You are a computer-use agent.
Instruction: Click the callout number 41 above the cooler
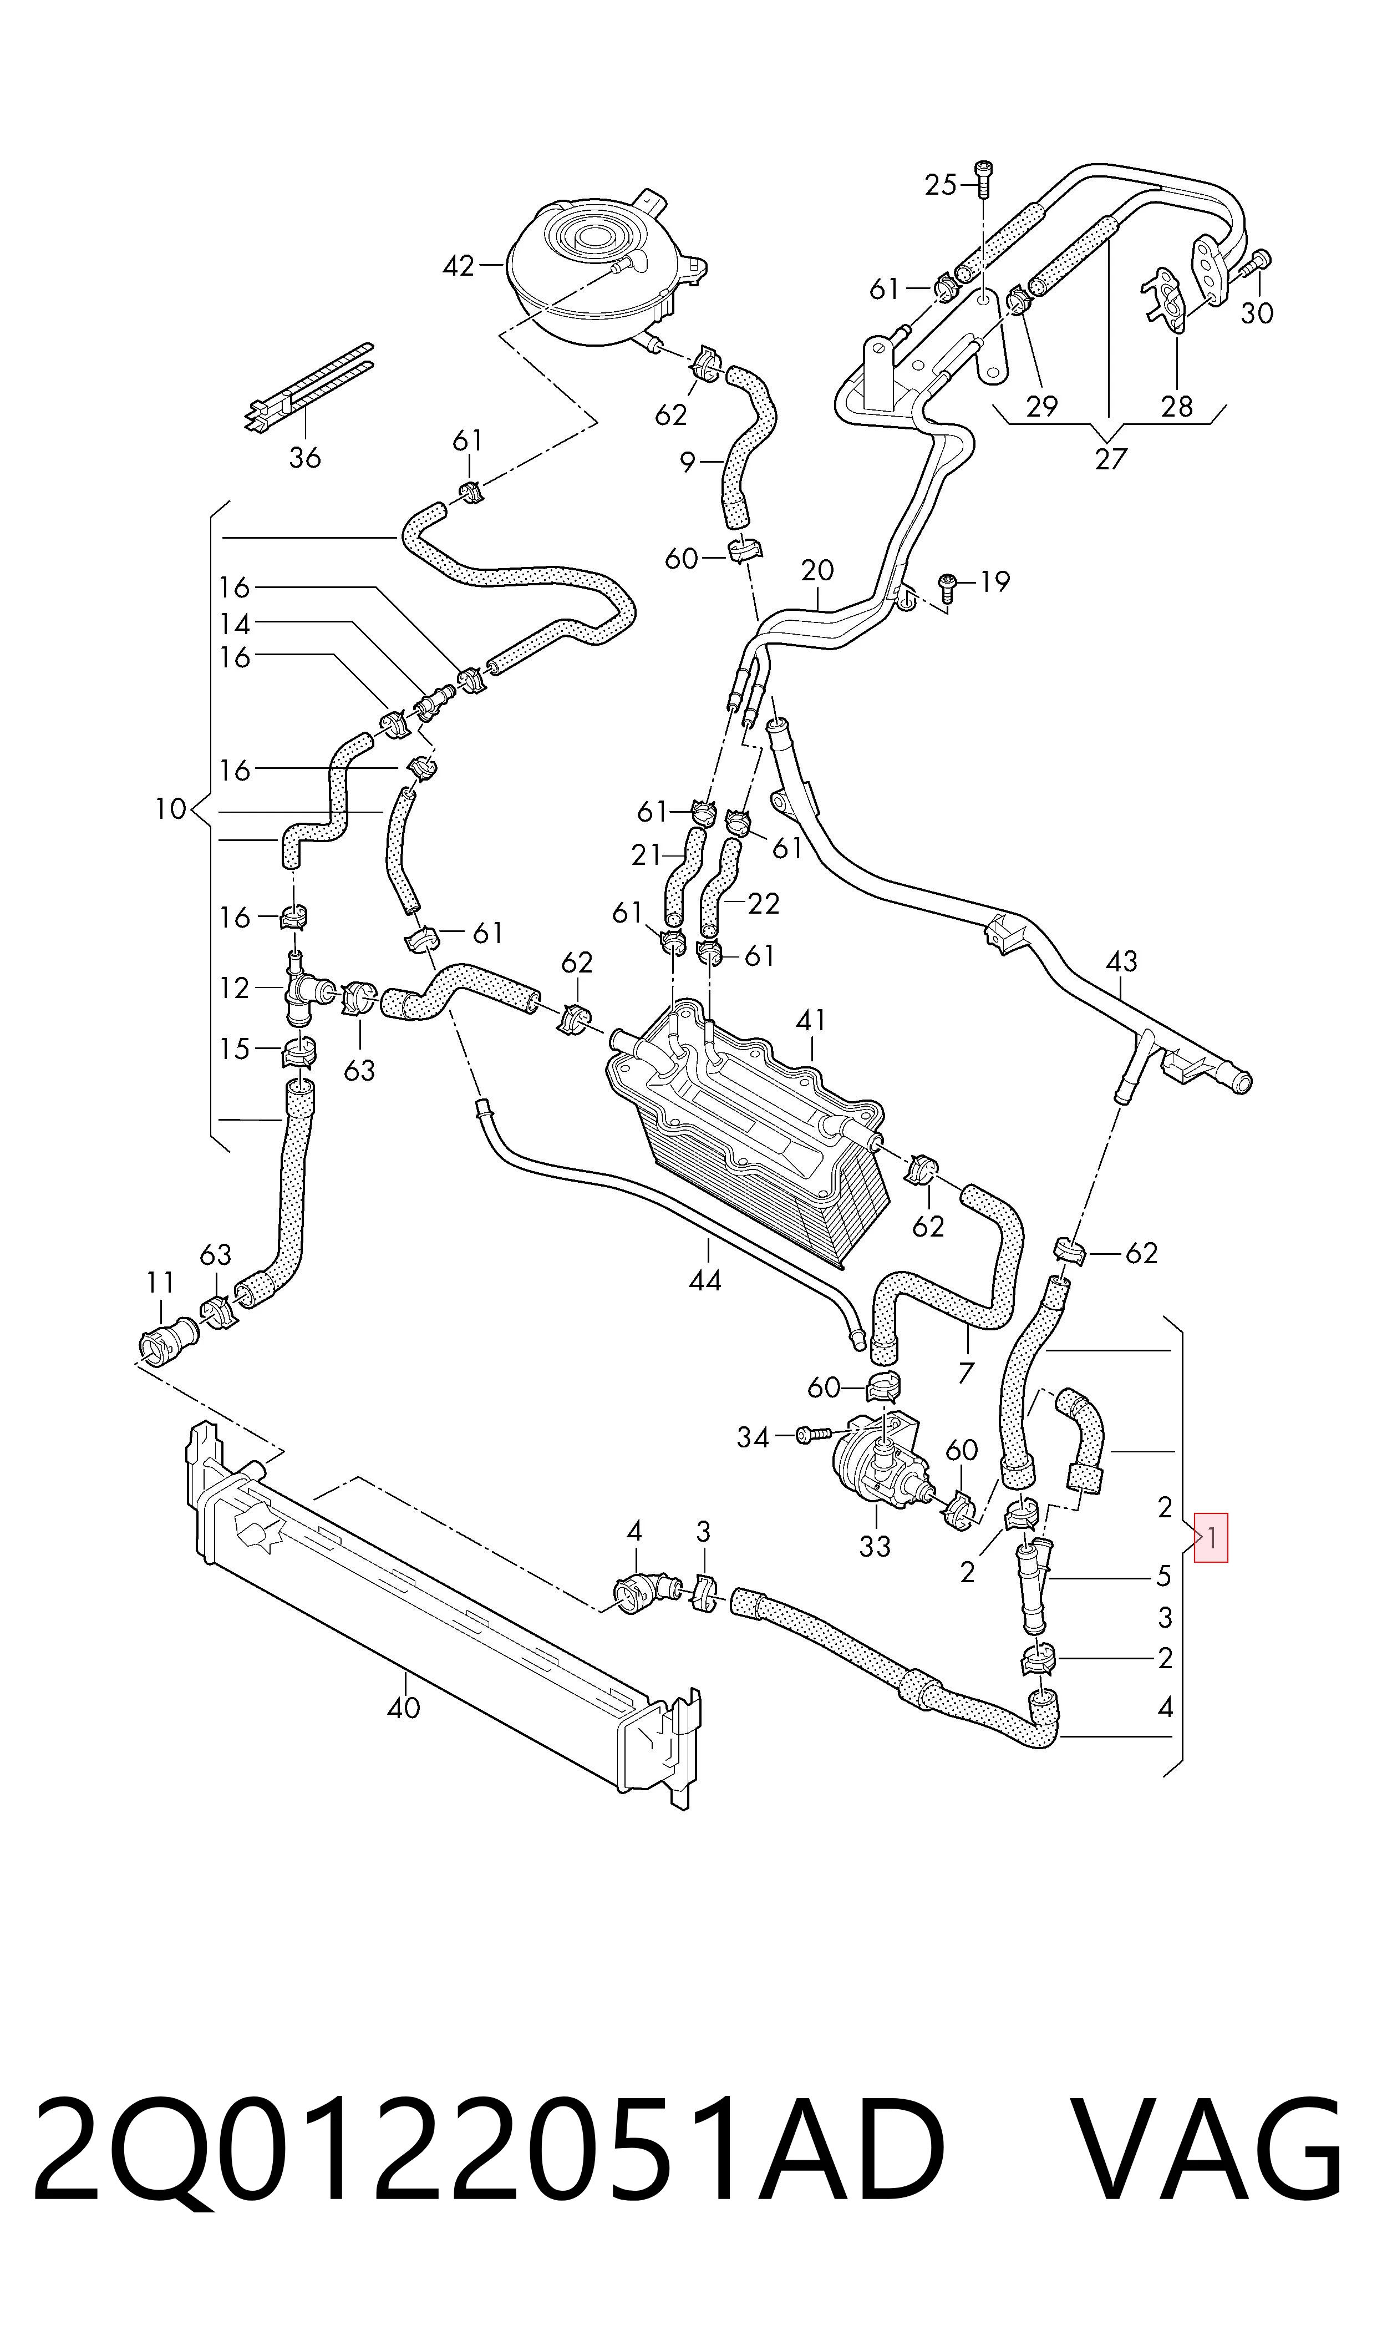810,1021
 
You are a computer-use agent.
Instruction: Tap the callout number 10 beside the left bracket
171,809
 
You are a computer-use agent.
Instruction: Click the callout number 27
1110,458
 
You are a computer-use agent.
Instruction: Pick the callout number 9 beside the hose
688,461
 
